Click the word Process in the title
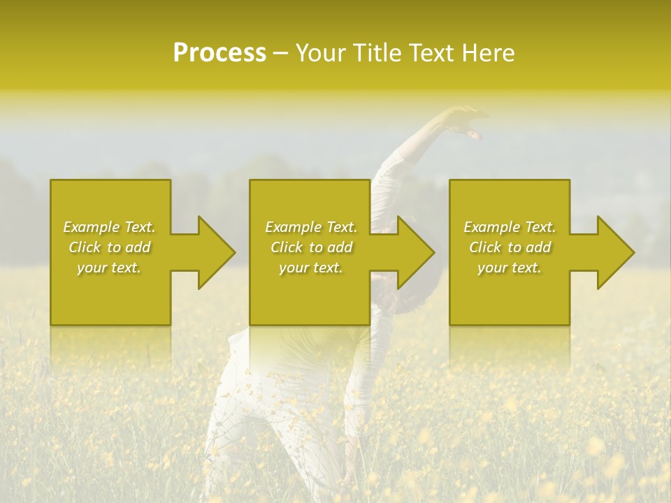(x=219, y=53)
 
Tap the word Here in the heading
(x=489, y=53)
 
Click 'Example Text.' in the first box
(x=109, y=227)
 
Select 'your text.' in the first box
(x=109, y=268)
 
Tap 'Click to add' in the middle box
(x=310, y=247)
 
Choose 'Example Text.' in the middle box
(x=310, y=227)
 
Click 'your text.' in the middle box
(x=310, y=268)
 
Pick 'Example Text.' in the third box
(x=510, y=227)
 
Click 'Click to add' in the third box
(x=510, y=247)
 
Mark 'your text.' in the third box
(x=510, y=268)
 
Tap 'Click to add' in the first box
(x=109, y=247)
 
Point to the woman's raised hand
(x=464, y=122)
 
